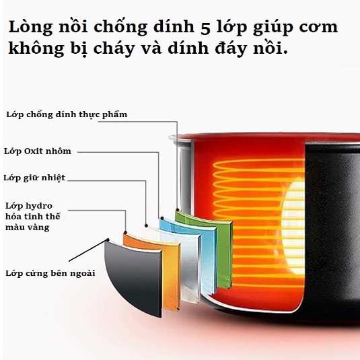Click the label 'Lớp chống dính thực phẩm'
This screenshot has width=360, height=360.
coord(67,114)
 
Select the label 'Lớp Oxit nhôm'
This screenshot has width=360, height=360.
coord(38,151)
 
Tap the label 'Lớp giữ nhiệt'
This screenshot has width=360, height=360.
coord(34,178)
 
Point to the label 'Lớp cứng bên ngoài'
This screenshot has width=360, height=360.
coord(50,273)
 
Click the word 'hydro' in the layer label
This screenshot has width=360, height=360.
coord(40,206)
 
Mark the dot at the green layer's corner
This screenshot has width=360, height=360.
coord(178,210)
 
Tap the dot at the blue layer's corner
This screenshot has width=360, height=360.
coord(162,218)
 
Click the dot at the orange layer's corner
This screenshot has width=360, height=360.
coord(125,233)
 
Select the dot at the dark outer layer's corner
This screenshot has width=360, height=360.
coord(108,240)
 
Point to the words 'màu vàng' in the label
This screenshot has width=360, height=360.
coord(28,227)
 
